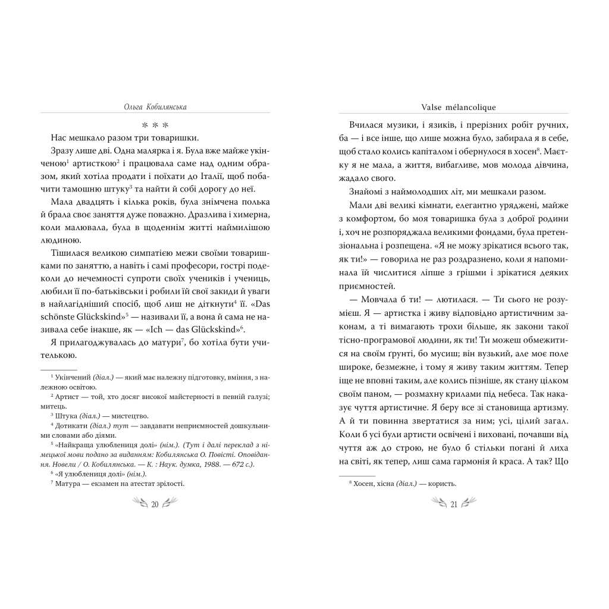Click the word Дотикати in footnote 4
[71, 426]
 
